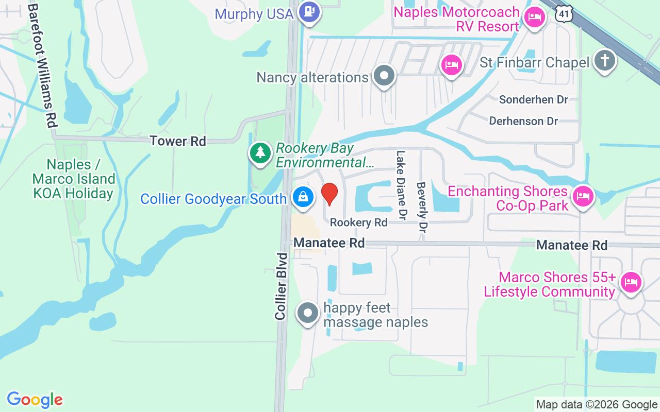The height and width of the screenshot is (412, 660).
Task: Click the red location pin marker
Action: coord(329,194)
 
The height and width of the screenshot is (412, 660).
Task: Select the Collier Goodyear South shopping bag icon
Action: coord(304,197)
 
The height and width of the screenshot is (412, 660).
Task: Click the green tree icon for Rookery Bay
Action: coord(261,152)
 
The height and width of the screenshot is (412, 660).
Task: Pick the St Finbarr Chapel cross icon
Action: coord(605,61)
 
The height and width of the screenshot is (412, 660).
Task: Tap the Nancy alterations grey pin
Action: coord(384,76)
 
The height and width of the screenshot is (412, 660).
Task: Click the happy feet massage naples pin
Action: coord(308,313)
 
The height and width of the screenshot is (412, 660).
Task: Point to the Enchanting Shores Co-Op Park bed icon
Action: coord(583,196)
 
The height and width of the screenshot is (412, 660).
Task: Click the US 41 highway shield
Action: coord(564,14)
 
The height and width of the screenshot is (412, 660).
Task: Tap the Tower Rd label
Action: coord(178,141)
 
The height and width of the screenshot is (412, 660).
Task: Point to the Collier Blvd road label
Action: coord(281,286)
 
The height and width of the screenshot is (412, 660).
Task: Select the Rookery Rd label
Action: coord(358,222)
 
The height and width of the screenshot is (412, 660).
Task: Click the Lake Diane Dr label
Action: coord(401,176)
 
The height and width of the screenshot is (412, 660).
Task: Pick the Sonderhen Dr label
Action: coord(534,99)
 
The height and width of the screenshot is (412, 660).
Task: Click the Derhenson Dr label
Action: coord(523,121)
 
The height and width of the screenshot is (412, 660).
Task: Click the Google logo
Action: coord(35,400)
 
